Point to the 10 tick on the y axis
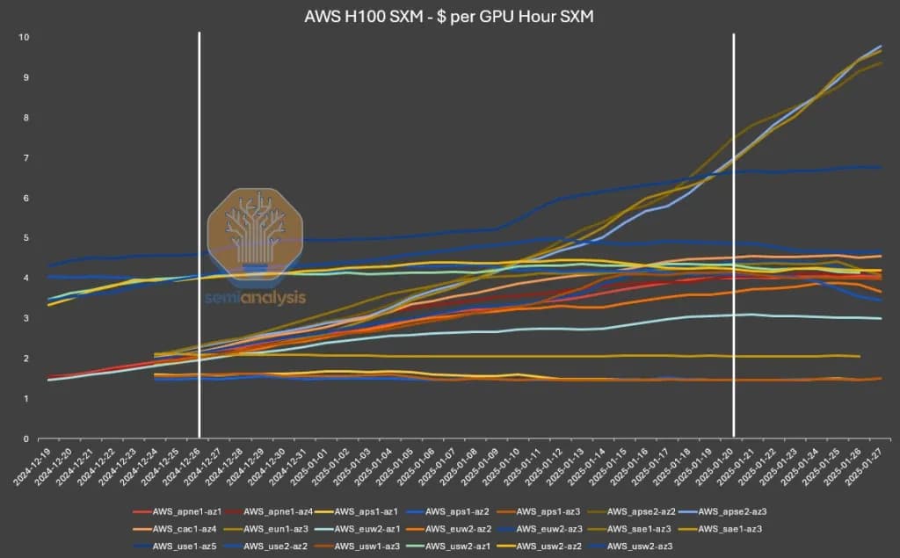pos(25,37)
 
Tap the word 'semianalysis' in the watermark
pos(256,297)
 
